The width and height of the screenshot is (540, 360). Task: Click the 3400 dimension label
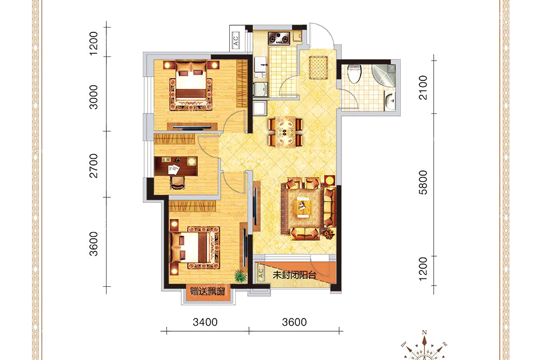point(205,322)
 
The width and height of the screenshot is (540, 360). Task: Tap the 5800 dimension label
point(423,182)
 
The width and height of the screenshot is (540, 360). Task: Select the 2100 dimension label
point(423,88)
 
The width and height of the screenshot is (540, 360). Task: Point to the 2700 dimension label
point(94,166)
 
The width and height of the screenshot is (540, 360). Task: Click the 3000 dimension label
point(94,97)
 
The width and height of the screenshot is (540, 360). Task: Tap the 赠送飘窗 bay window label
point(208,292)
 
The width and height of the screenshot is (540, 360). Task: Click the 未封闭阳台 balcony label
point(295,275)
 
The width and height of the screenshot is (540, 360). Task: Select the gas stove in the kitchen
point(280,38)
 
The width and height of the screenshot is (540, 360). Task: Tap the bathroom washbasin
point(390,101)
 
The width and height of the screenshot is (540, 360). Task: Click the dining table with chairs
point(286,131)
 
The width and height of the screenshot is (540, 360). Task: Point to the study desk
point(176,166)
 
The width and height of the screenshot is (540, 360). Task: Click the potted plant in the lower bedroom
point(240,276)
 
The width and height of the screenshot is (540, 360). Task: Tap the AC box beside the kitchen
point(236,41)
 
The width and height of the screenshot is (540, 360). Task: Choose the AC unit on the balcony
point(261,273)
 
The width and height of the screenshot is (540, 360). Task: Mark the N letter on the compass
point(424,332)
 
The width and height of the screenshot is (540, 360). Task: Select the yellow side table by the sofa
point(329,181)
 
